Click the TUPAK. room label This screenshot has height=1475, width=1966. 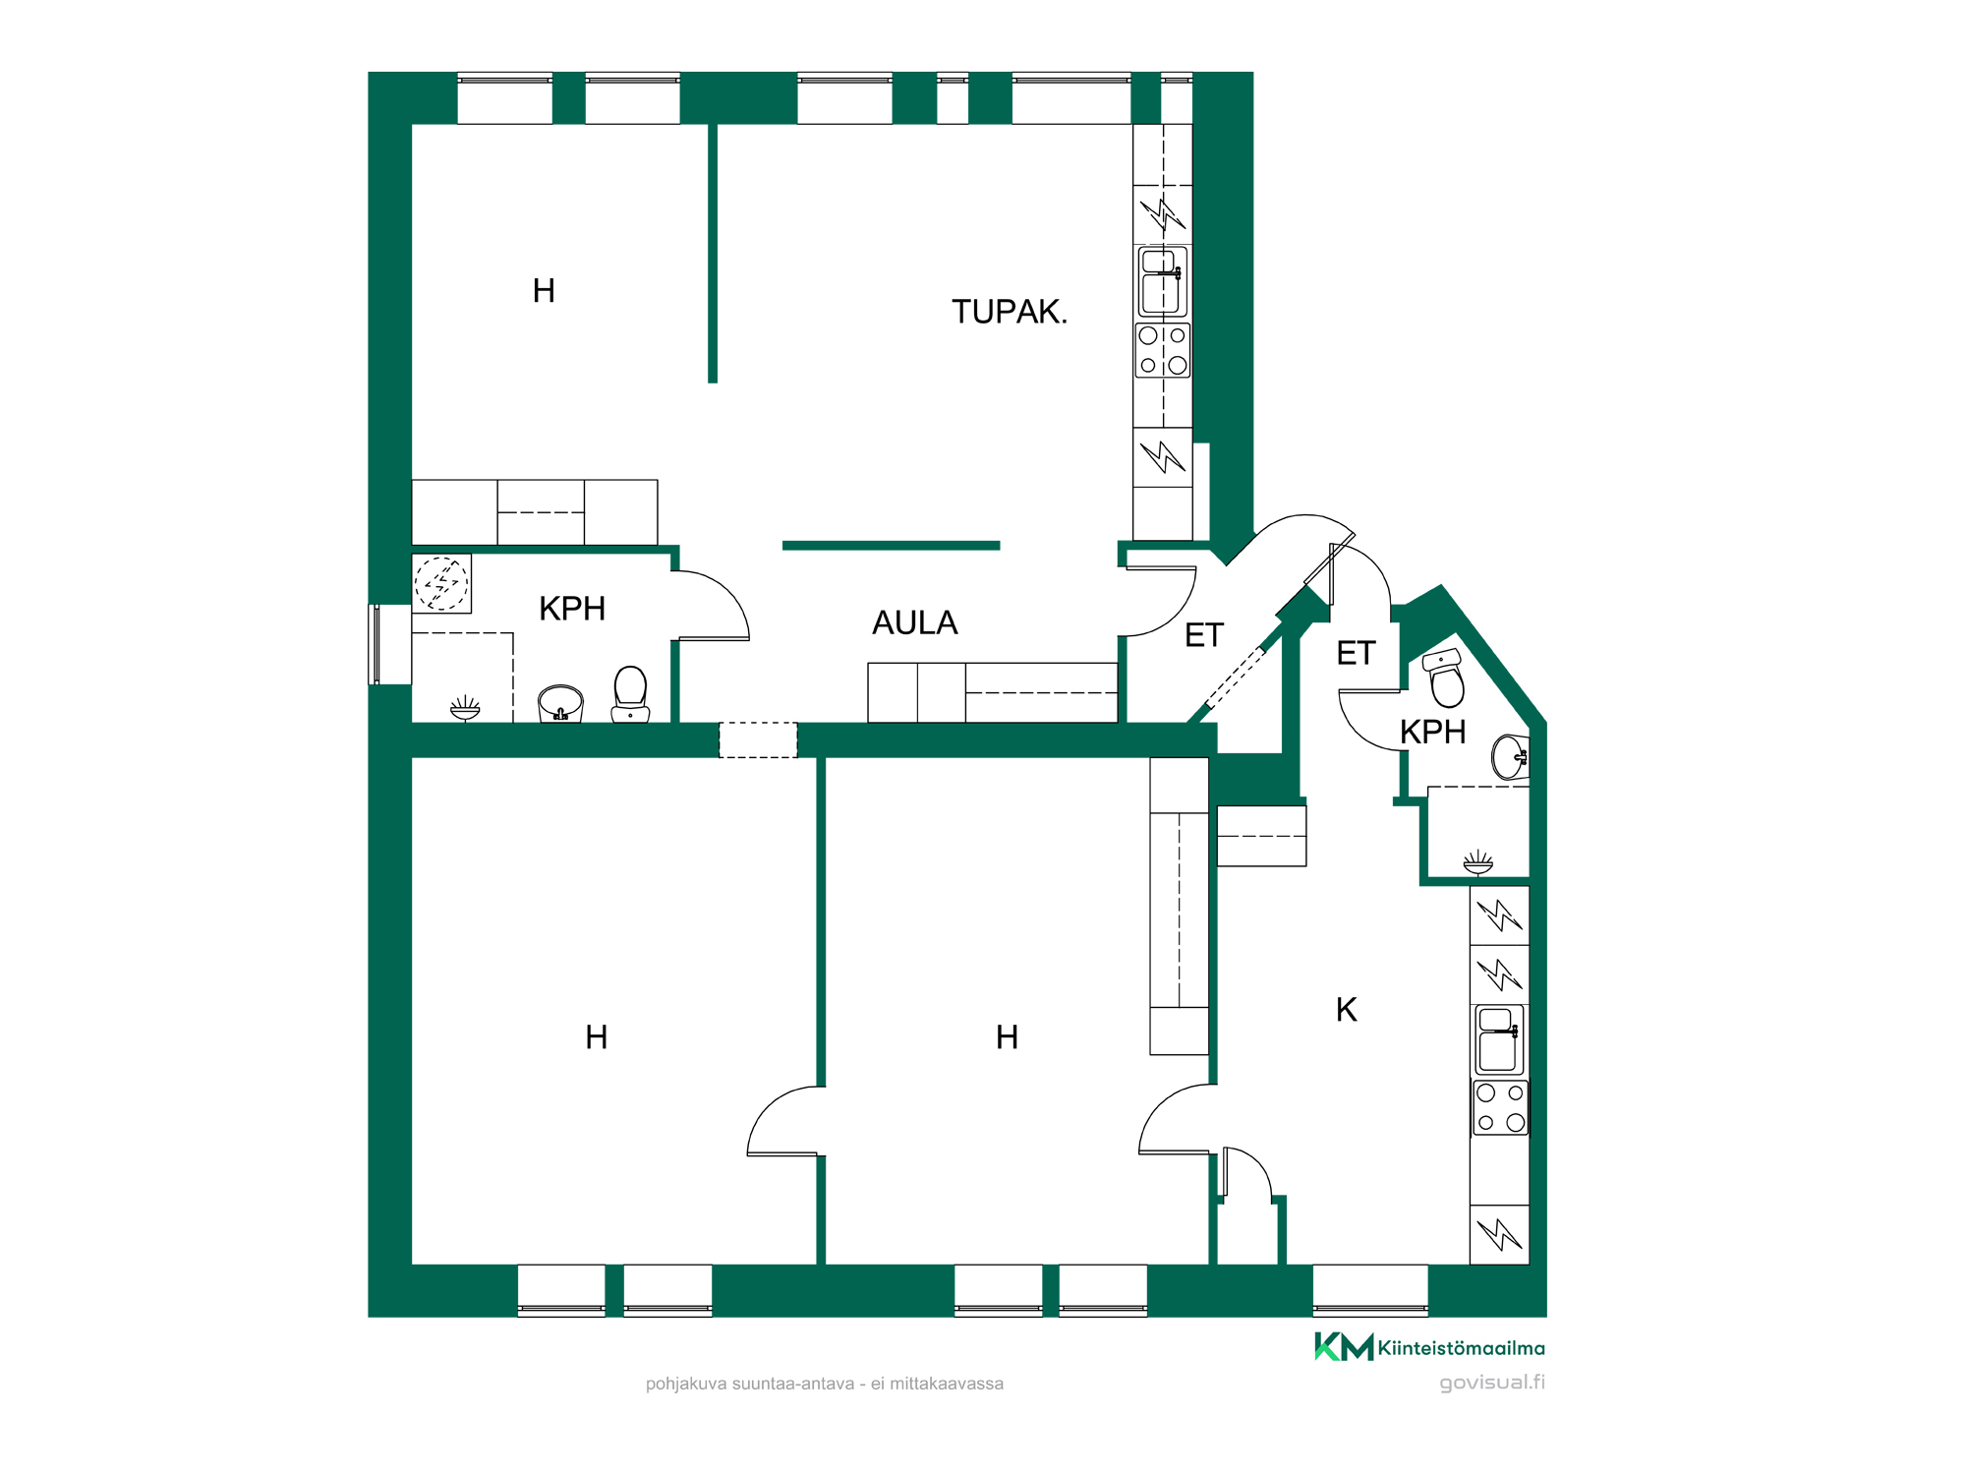click(1009, 312)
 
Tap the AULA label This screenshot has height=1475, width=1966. click(914, 622)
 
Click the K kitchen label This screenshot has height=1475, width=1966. click(1347, 1009)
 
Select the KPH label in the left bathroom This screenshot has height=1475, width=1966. click(572, 609)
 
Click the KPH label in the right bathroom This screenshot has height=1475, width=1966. click(1432, 732)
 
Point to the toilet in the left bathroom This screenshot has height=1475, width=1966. click(630, 693)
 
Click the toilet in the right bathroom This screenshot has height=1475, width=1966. click(1445, 678)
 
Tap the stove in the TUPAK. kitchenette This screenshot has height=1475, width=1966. click(1163, 350)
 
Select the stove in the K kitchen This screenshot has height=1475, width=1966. click(1500, 1107)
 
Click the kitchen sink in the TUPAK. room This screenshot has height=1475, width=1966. click(1163, 281)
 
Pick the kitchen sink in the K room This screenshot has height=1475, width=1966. click(1499, 1039)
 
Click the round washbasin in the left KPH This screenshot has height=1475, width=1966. click(560, 704)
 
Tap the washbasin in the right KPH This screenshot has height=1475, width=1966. click(1510, 757)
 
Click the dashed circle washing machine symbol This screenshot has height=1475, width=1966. click(441, 583)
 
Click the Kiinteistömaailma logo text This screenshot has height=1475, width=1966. click(1461, 1348)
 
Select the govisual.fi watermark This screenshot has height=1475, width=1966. click(1492, 1383)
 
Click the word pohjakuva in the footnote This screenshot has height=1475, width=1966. click(685, 1385)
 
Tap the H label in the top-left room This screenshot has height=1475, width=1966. click(544, 291)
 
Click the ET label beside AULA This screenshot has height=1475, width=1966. click(1204, 636)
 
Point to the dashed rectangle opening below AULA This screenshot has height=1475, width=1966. click(758, 739)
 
